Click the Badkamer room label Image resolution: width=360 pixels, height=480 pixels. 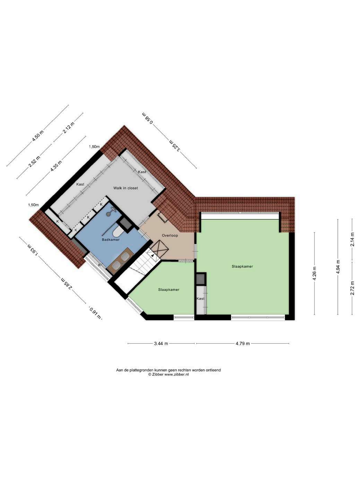click(111, 240)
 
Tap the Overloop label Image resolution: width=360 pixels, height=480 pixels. click(170, 235)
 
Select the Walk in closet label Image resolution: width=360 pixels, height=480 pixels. click(126, 188)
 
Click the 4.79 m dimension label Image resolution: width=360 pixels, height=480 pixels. click(242, 343)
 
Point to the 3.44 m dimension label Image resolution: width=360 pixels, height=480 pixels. click(161, 343)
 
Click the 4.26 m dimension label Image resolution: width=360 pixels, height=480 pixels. click(314, 273)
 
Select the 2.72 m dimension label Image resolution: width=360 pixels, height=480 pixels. click(352, 288)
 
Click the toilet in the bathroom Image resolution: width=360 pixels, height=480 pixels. click(118, 232)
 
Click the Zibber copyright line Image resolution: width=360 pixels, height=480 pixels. click(168, 374)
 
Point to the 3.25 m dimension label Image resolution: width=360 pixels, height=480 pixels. click(175, 145)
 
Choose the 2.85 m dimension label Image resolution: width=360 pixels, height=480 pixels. click(66, 283)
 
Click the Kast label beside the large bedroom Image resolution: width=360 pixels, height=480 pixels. click(200, 299)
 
